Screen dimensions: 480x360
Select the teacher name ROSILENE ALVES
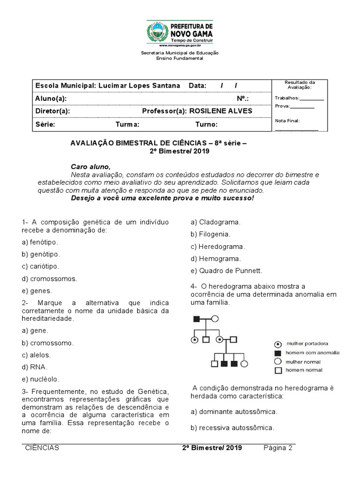tap(220, 111)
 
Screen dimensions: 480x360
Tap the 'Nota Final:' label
tap(287, 120)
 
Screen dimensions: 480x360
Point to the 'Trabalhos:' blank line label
tap(287, 98)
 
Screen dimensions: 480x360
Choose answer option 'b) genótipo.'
tap(41, 254)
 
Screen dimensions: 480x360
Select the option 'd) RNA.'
tap(34, 367)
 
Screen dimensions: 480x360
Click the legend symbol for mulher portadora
tap(277, 344)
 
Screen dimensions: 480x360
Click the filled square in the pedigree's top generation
tap(197, 319)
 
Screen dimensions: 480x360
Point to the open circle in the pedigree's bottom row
tap(245, 363)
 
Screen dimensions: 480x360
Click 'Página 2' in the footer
tap(278, 448)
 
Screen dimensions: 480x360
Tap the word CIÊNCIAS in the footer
tap(42, 448)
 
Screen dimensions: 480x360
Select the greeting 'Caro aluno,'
tap(90, 166)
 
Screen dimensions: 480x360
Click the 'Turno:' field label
tap(206, 125)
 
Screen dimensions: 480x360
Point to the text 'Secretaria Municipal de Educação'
tap(180, 53)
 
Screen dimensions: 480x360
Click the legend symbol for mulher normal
tap(277, 361)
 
